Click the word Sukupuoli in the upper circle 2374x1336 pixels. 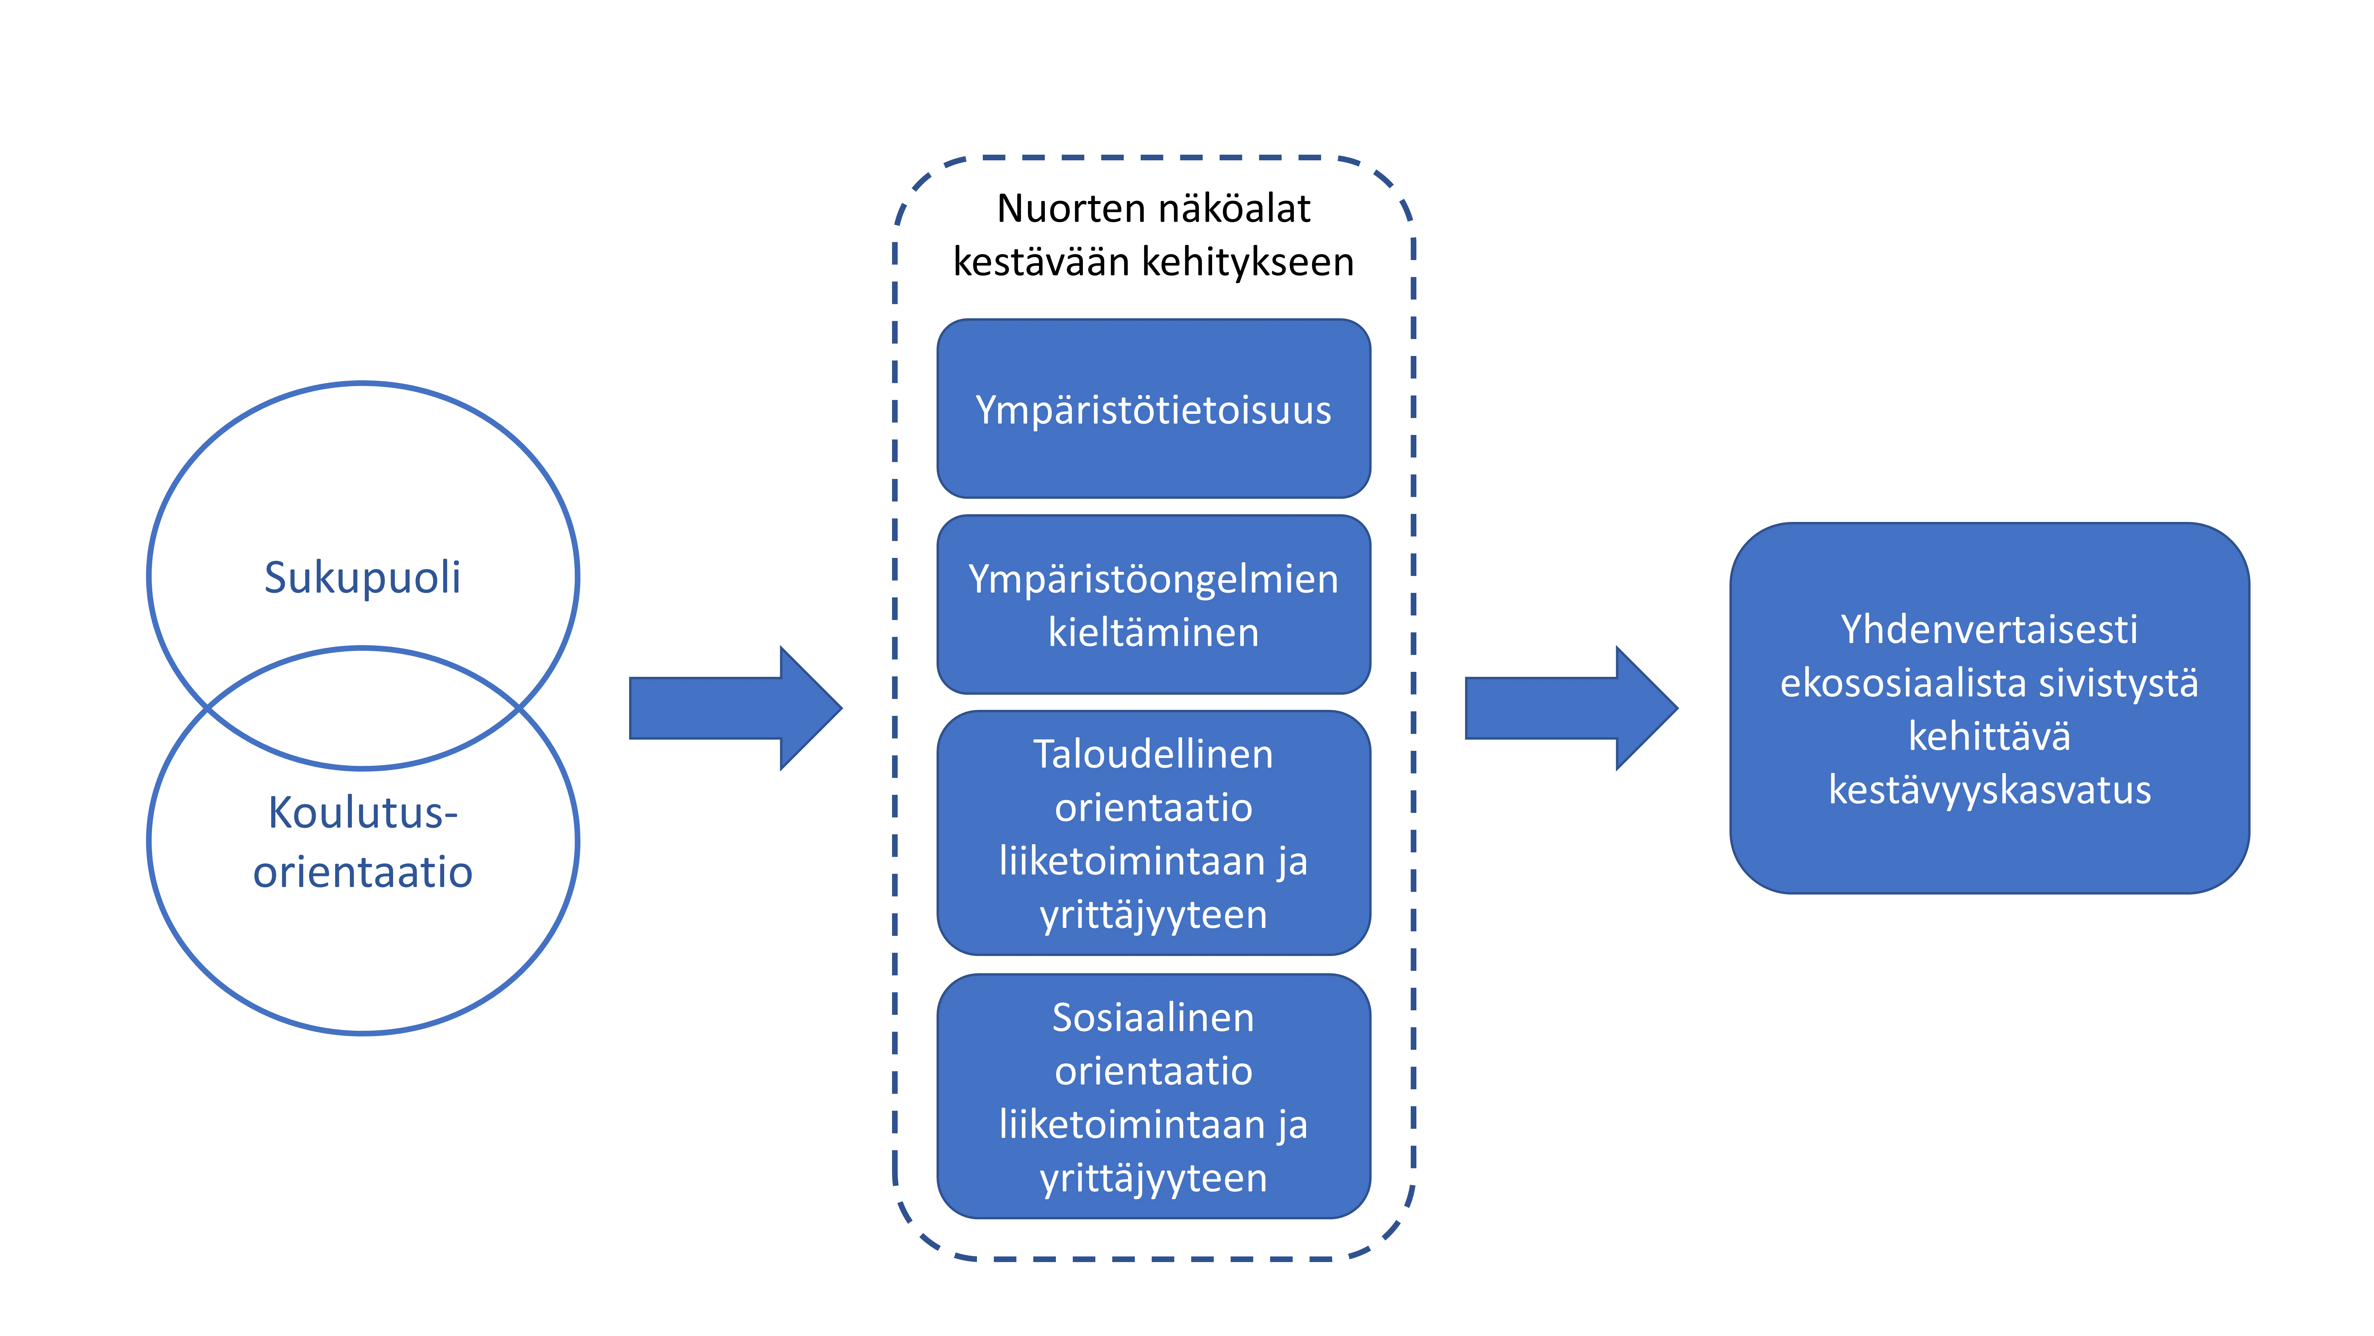click(362, 578)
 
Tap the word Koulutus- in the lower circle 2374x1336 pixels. click(362, 813)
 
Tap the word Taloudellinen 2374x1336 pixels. click(1153, 754)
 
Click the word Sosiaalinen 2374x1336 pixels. click(1153, 1018)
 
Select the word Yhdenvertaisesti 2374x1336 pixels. click(1989, 630)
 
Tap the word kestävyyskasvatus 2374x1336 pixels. click(1989, 790)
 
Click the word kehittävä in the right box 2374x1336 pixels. click(1989, 737)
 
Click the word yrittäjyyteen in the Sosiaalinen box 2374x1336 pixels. click(1153, 1178)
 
